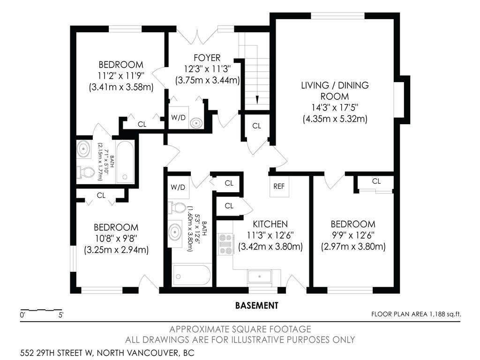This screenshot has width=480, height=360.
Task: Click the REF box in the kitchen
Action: click(x=279, y=186)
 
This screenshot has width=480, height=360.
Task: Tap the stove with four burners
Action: click(x=226, y=244)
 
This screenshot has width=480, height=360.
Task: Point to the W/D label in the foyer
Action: click(x=178, y=118)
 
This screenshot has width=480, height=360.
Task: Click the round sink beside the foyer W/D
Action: click(x=196, y=123)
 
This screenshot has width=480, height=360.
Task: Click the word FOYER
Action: click(x=207, y=58)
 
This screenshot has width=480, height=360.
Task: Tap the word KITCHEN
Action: click(x=270, y=224)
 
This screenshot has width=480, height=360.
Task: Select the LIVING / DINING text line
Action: click(x=335, y=85)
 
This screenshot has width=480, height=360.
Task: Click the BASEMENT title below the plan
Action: click(x=256, y=306)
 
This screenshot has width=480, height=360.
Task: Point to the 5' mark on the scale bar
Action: click(x=61, y=315)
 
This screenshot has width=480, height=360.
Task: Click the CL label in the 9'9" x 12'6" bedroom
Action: click(x=376, y=181)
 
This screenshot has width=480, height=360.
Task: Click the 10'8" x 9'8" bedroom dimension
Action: click(x=116, y=239)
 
